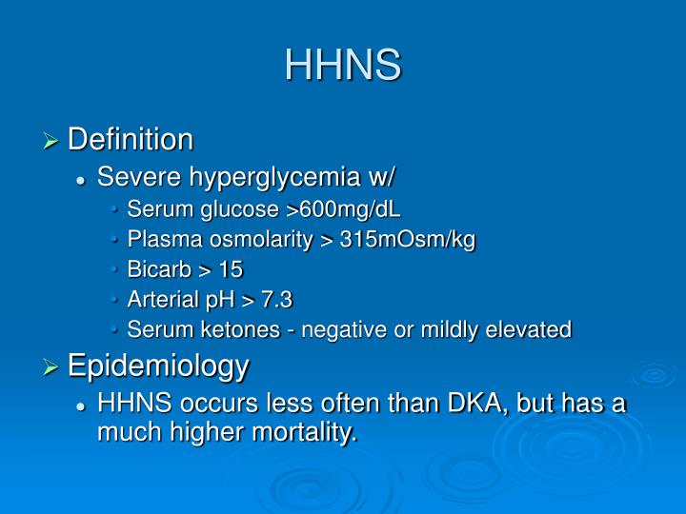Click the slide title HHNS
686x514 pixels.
click(343, 64)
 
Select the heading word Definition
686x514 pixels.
click(131, 140)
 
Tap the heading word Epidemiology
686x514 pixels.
click(158, 365)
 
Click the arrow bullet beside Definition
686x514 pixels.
click(53, 142)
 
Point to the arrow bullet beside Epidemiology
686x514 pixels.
click(53, 366)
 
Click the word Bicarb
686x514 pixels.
click(153, 270)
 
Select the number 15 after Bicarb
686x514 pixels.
click(230, 270)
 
